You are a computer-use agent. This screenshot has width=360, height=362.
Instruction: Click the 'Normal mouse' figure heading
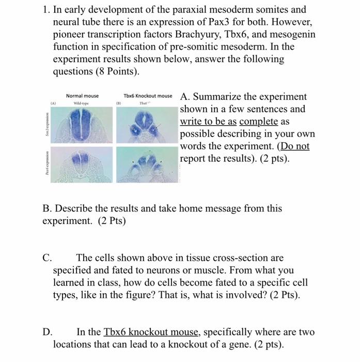tap(82, 96)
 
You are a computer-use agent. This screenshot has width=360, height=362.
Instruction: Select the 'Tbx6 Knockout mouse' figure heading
tap(148, 96)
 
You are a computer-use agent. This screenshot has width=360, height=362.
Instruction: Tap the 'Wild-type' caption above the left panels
tap(82, 103)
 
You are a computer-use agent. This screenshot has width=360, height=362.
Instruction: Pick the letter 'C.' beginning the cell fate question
tap(47, 258)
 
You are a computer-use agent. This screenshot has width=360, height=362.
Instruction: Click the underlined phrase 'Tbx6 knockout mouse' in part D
tap(147, 332)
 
